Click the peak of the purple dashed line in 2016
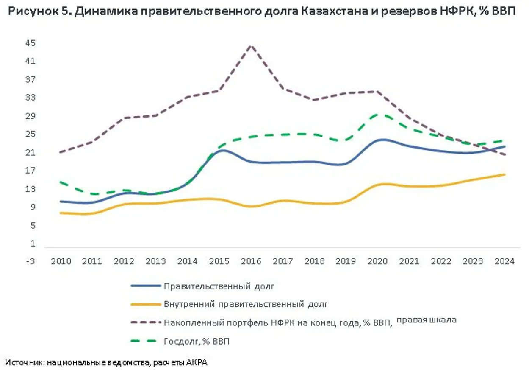(x=251, y=45)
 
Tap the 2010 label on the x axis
(x=61, y=261)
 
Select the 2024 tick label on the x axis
(x=504, y=261)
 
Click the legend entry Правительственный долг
(x=219, y=286)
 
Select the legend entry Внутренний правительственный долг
(x=246, y=304)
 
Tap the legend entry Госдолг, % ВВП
(x=197, y=341)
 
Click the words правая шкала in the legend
(x=427, y=320)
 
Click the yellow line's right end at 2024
(x=504, y=174)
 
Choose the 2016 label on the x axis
(x=251, y=261)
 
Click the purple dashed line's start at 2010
(x=61, y=152)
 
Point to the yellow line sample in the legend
(x=146, y=304)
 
